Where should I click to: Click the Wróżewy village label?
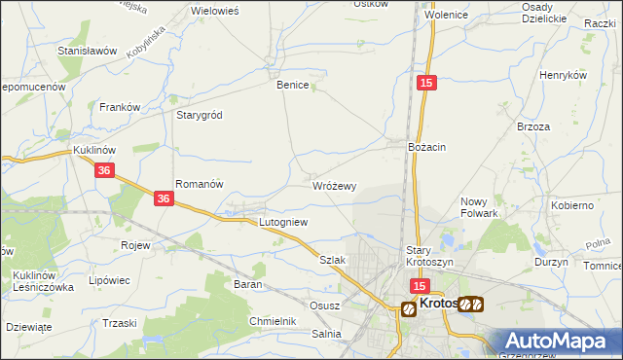pos(335,186)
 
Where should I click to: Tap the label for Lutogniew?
pos(283,223)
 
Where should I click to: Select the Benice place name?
pos(293,86)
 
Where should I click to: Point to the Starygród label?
pos(199,115)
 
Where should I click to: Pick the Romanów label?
pos(200,184)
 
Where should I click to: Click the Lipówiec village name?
pos(109,280)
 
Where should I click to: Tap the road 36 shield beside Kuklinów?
pos(106,170)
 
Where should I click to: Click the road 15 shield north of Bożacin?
pos(426,86)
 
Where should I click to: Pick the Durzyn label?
pos(551,263)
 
